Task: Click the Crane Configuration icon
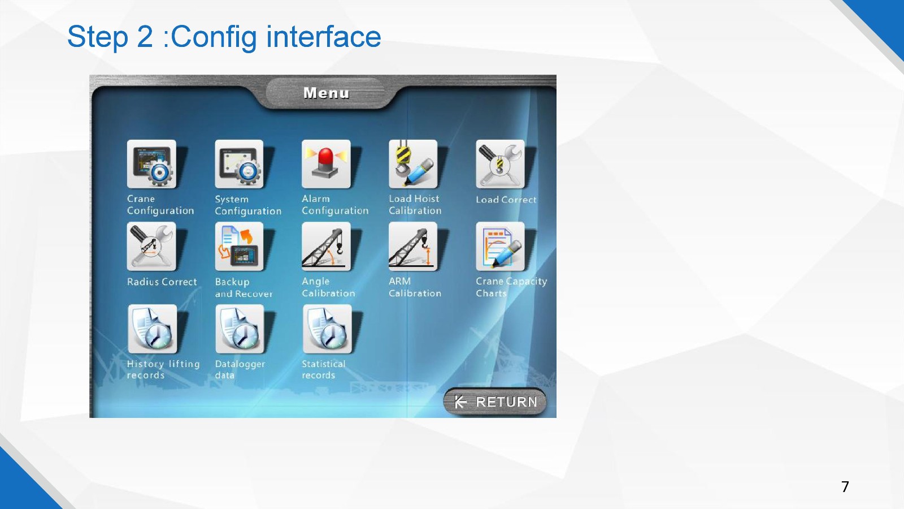coord(152,164)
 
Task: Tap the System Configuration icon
coord(240,164)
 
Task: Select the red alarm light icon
coord(326,164)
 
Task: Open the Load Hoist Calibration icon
coord(413,164)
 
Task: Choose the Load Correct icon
coord(501,164)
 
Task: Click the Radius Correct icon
coord(152,247)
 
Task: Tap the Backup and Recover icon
coord(240,247)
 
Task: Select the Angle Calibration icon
coord(326,247)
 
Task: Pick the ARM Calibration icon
coord(413,247)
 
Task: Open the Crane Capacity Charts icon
coord(501,247)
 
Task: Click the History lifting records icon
coord(153,329)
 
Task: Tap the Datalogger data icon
coord(240,329)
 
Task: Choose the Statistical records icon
coord(327,329)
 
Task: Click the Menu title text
coord(326,93)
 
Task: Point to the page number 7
coord(845,486)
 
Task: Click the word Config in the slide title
coord(214,37)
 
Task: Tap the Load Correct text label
coord(506,200)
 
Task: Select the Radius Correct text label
coord(162,282)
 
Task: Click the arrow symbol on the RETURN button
coord(460,402)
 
